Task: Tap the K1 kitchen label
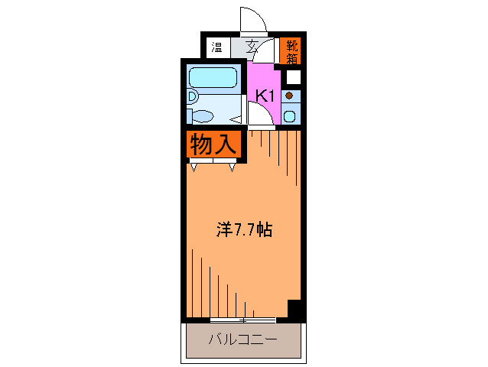pyautogui.click(x=265, y=96)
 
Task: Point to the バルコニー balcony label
pyautogui.click(x=242, y=339)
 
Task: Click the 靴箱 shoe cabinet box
pyautogui.click(x=291, y=50)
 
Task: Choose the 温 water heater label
pyautogui.click(x=216, y=47)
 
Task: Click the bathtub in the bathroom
pyautogui.click(x=213, y=78)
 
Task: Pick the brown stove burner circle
pyautogui.click(x=289, y=96)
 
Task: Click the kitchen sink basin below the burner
pyautogui.click(x=290, y=116)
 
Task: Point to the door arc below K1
pyautogui.click(x=259, y=115)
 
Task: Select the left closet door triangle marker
pyautogui.click(x=195, y=167)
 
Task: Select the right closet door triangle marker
pyautogui.click(x=231, y=167)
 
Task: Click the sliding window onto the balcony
pyautogui.click(x=242, y=319)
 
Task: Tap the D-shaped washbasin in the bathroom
pyautogui.click(x=193, y=97)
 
